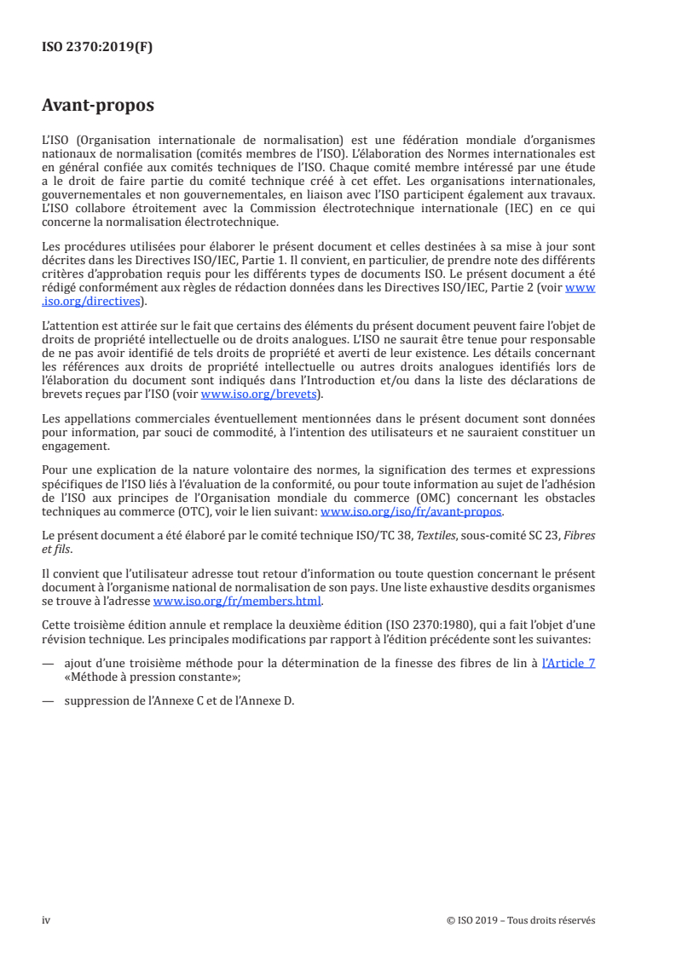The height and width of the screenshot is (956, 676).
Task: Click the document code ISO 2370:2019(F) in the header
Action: [x=97, y=48]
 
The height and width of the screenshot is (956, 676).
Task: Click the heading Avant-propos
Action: [x=98, y=107]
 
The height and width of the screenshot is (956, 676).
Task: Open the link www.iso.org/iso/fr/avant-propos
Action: [x=411, y=512]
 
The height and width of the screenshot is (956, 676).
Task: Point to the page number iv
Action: [x=46, y=920]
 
